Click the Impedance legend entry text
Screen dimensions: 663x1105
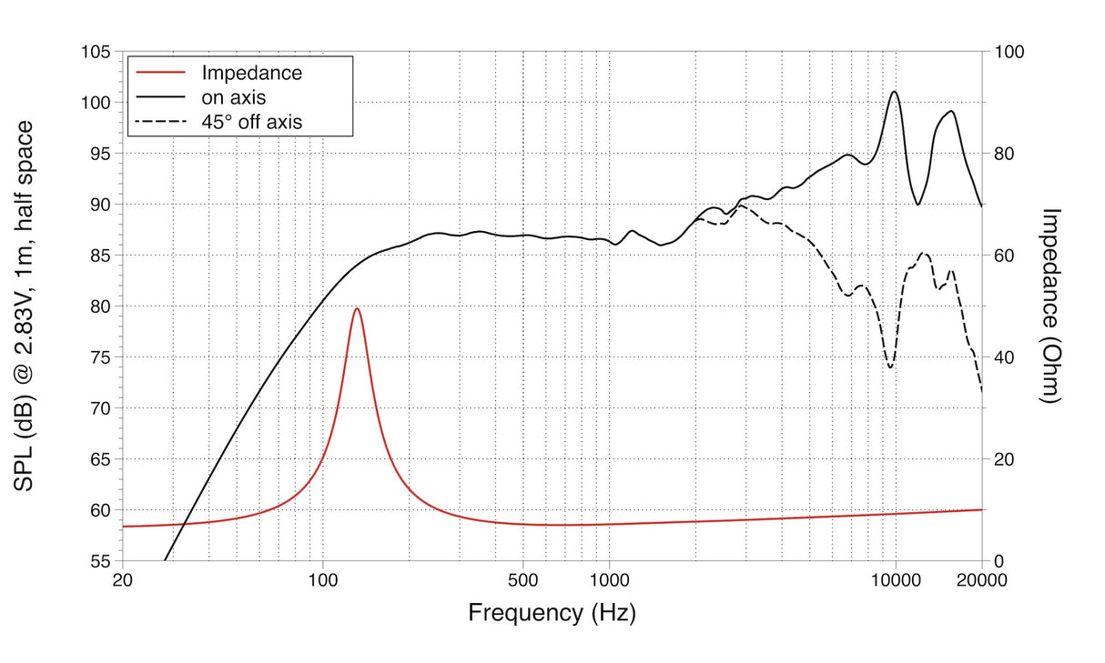click(251, 73)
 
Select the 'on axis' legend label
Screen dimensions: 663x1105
click(233, 96)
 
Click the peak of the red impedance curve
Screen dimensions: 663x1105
click(357, 308)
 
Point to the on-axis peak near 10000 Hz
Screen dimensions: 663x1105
click(895, 92)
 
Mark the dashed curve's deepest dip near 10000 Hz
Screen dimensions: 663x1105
click(890, 367)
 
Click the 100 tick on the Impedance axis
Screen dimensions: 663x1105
click(1009, 52)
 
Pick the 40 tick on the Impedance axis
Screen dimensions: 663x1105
click(1005, 357)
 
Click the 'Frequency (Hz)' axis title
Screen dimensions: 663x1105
click(552, 613)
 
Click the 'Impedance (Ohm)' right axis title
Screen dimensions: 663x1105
click(1051, 306)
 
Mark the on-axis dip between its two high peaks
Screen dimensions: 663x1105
click(918, 205)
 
